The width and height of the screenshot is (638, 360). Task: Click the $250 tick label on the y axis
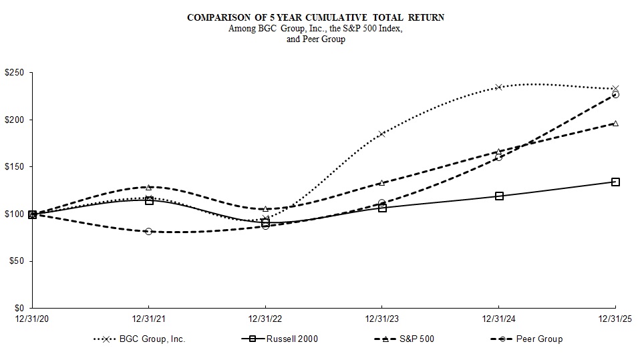point(14,73)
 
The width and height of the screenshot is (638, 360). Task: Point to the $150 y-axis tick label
point(14,167)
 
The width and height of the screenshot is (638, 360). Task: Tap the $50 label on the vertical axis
point(16,261)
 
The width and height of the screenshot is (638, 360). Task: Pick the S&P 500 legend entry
point(416,339)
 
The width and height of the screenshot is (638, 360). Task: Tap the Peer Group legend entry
point(540,339)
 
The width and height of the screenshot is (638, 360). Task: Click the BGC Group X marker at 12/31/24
point(498,87)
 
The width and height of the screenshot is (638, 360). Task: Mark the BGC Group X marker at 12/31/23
point(381,134)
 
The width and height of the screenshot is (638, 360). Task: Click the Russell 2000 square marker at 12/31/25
point(615,182)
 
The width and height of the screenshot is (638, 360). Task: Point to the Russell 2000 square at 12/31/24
point(498,196)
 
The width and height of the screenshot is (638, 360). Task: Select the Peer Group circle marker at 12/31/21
point(148,231)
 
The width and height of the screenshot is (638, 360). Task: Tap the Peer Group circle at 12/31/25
point(615,95)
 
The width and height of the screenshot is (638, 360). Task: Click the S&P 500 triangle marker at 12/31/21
point(148,187)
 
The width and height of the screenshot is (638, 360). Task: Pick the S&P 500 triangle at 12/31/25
point(615,123)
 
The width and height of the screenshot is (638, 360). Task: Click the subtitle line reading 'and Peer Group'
point(315,39)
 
